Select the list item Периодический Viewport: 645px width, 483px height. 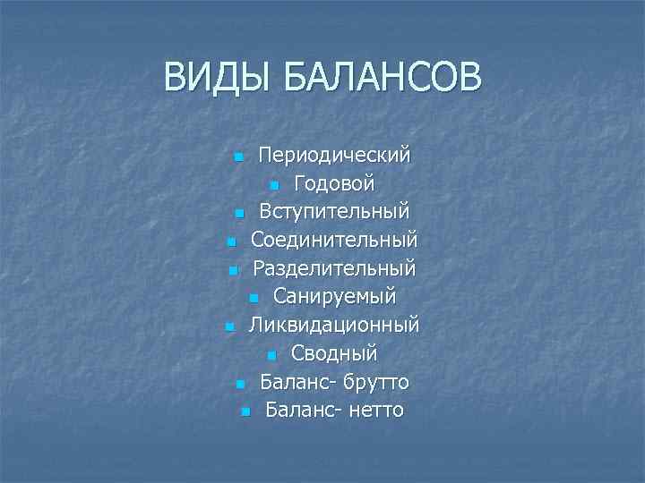pos(334,155)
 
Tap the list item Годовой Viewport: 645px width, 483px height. pos(334,183)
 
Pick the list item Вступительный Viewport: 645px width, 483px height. pos(334,212)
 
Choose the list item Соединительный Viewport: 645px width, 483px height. pos(334,241)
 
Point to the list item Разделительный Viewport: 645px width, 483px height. pos(334,268)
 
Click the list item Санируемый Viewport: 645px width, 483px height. pos(334,296)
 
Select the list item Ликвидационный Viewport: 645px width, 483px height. pos(334,325)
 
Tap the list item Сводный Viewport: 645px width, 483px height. pos(334,353)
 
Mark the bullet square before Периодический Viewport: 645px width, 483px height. pos(238,157)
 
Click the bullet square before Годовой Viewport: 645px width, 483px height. pos(274,186)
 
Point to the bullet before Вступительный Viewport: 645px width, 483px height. pos(239,215)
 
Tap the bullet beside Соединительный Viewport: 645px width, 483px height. pos(230,242)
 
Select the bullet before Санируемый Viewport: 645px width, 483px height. pos(254,299)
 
